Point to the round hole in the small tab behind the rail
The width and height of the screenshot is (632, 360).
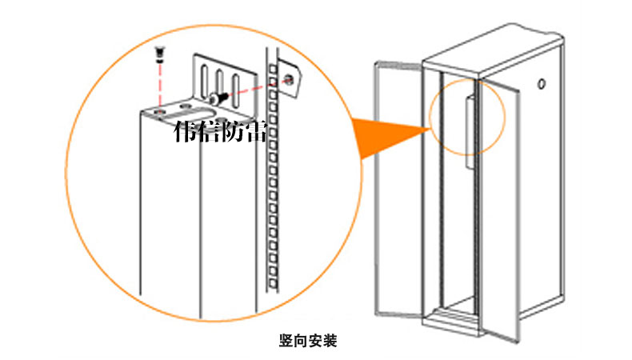(x=289, y=79)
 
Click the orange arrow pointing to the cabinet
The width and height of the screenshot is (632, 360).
(x=385, y=135)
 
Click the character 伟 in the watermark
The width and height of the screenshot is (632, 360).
(x=186, y=133)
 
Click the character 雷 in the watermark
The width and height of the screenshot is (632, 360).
(x=256, y=133)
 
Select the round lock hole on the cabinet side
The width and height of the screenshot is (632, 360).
(x=542, y=82)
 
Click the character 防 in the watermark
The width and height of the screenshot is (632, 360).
(x=233, y=133)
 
